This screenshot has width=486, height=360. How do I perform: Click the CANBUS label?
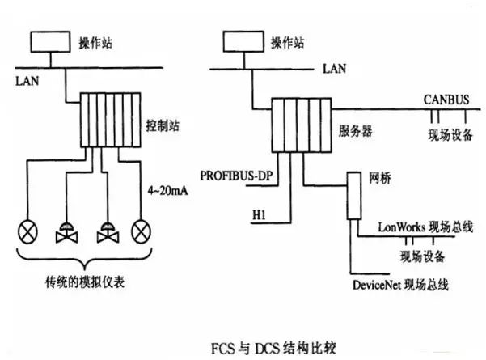446,99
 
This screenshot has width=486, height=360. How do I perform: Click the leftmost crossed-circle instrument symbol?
27,233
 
